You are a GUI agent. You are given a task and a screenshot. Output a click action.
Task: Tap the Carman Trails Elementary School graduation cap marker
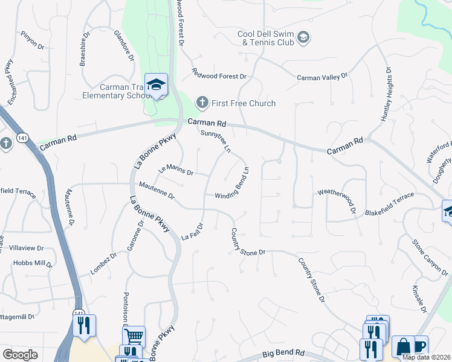[x=156, y=85]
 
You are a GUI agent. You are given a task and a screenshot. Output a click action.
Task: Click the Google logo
[x=20, y=355]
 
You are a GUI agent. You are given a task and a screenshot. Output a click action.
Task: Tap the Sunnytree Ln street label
[x=216, y=139]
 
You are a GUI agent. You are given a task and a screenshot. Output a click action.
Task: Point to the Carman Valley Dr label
[x=323, y=77]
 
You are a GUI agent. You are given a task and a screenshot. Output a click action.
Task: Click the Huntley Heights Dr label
[x=386, y=95]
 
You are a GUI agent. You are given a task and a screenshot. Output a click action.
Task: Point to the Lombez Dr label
[x=103, y=263]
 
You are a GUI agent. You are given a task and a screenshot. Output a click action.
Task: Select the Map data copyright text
[x=427, y=357]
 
